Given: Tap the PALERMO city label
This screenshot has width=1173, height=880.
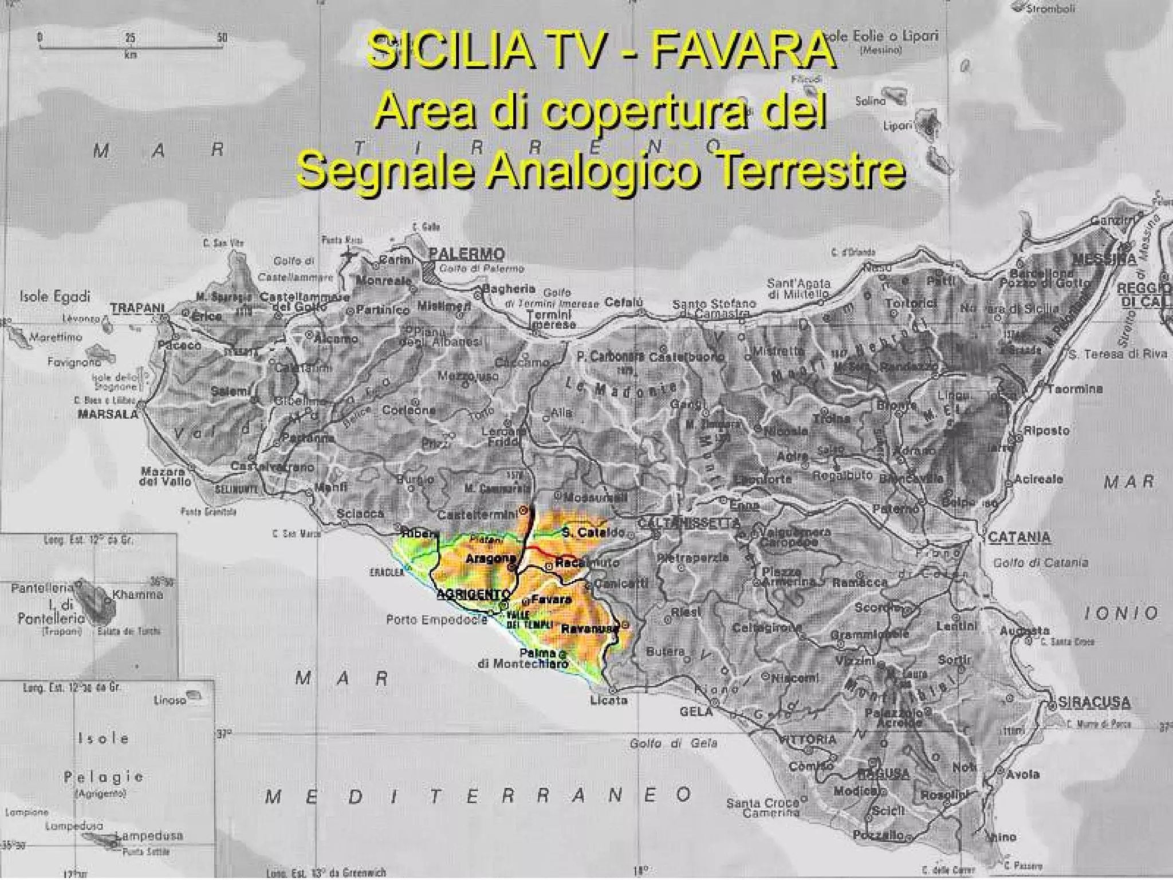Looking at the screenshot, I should (x=467, y=253).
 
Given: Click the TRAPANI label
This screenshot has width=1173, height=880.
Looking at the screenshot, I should (x=137, y=308).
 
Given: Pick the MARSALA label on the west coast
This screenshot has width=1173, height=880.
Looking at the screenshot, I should (x=108, y=414).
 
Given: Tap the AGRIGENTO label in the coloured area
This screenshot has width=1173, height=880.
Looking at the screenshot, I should (x=473, y=594).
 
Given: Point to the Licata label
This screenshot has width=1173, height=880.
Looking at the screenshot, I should (x=609, y=700).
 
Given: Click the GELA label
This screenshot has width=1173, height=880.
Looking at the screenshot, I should (x=696, y=712).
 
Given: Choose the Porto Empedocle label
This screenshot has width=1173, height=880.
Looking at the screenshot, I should (x=436, y=619).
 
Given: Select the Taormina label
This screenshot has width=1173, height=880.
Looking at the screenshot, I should (x=1075, y=388).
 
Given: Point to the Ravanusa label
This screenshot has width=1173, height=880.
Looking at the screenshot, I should (x=590, y=629).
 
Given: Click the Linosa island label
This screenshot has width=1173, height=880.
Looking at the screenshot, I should (x=170, y=700).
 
